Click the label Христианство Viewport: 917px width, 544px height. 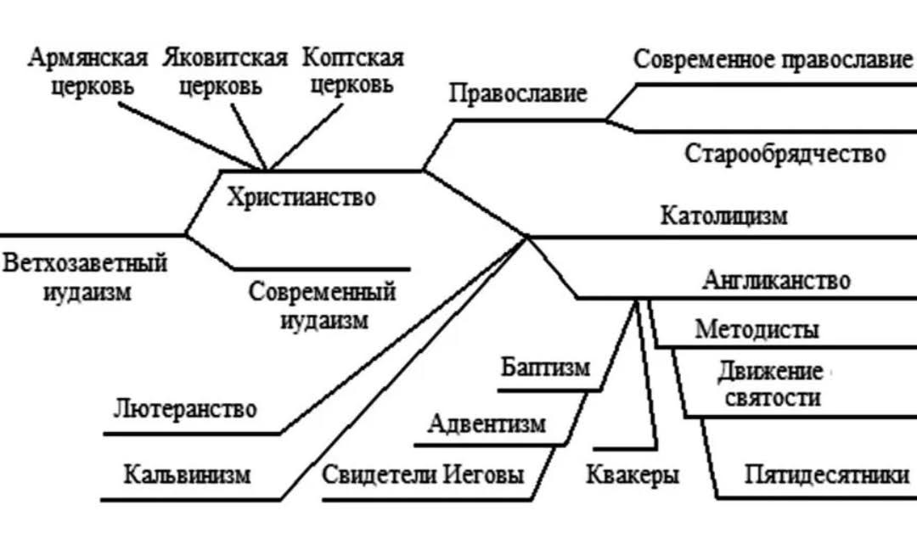(301, 198)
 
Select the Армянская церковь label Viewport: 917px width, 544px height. (87, 72)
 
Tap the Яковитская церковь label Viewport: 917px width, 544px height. (225, 72)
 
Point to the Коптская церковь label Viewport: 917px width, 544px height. (352, 72)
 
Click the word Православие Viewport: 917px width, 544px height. (518, 93)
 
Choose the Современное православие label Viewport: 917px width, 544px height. (773, 59)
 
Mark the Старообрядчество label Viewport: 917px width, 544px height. (785, 154)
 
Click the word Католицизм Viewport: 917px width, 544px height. (724, 216)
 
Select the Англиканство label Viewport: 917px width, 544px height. (777, 280)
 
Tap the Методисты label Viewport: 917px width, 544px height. (757, 330)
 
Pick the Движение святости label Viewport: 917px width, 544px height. (772, 384)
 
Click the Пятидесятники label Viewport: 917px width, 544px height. (827, 474)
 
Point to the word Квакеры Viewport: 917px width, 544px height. (633, 474)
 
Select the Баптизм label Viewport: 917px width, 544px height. (546, 367)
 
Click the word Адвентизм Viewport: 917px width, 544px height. (487, 423)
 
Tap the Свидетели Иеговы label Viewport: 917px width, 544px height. (423, 474)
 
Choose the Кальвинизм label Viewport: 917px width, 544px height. (187, 474)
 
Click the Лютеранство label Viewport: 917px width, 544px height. (185, 409)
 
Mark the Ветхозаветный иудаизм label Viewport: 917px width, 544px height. (86, 278)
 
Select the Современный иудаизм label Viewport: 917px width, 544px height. (323, 306)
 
